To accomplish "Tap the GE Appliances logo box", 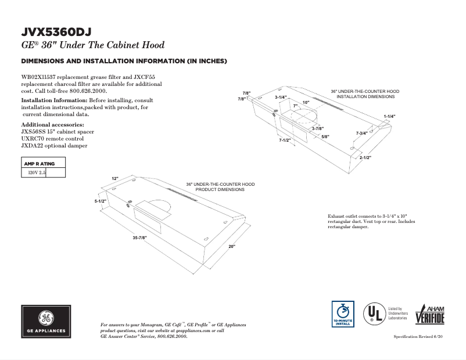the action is (46, 322).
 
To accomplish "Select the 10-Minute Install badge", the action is (342, 315).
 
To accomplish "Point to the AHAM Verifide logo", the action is (429, 315).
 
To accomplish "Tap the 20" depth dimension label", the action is (232, 247).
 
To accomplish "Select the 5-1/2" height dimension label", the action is (101, 201).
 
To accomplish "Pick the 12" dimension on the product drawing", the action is (115, 178).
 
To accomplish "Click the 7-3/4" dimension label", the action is (362, 134).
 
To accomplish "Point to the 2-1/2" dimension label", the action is (365, 157).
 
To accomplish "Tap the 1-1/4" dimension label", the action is (389, 117).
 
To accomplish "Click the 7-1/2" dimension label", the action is (285, 140).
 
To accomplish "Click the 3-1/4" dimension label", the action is (281, 97).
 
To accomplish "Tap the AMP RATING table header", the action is (38, 164).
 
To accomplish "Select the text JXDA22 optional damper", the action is (54, 146).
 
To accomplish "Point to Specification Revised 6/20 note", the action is (418, 337).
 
